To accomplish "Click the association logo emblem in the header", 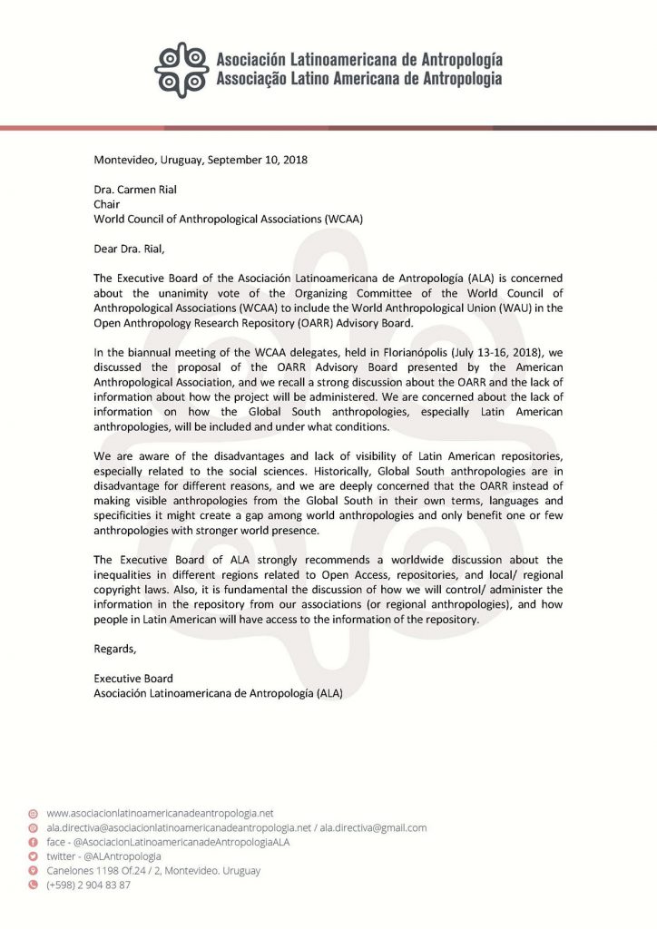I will tap(181, 69).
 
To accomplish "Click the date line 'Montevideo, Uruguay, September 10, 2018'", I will tap(201, 160).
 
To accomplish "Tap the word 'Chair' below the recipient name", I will tap(107, 205).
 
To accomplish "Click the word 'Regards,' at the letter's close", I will tap(115, 648).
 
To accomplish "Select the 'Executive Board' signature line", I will tap(133, 678).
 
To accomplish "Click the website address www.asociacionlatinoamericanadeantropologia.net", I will tap(160, 813).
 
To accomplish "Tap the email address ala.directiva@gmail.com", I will tap(372, 827).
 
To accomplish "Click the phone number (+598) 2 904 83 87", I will tap(88, 885).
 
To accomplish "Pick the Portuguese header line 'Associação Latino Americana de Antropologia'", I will tap(358, 79).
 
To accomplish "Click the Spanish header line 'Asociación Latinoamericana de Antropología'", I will tap(358, 60).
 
